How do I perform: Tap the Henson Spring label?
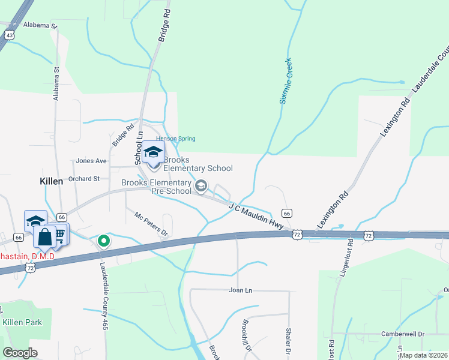pos(176,139)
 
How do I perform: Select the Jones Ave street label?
pos(91,161)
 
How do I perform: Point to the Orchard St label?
pos(84,179)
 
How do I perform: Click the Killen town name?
pos(51,181)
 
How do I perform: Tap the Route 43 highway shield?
pos(8,35)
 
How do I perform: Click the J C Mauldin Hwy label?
pos(255,215)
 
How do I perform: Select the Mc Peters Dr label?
pos(151,224)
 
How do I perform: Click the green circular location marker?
pos(104,241)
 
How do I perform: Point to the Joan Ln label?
pos(240,290)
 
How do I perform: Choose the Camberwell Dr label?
pos(403,334)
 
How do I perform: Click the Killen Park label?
pos(22,322)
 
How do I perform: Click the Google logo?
pos(20,352)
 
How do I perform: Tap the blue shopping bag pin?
pos(44,237)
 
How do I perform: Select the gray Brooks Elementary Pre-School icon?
pos(201,187)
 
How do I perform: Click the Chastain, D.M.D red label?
pos(27,256)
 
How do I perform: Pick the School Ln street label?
pos(139,148)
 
